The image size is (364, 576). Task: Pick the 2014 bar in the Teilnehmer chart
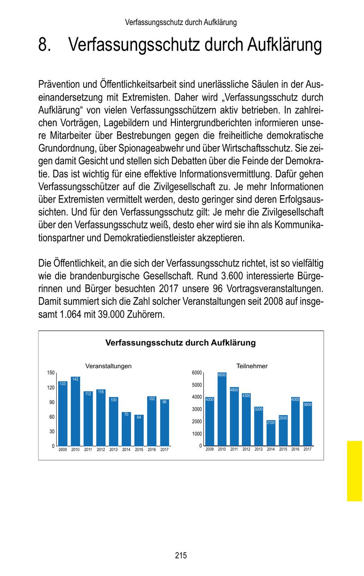click(x=271, y=433)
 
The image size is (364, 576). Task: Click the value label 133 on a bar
click(x=63, y=384)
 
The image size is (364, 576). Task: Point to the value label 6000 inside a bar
click(x=222, y=375)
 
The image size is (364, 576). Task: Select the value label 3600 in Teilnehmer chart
click(x=307, y=404)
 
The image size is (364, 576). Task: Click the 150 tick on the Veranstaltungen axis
click(x=51, y=373)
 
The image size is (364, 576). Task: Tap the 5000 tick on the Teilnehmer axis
click(x=197, y=385)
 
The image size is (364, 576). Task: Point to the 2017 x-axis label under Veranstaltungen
click(x=164, y=449)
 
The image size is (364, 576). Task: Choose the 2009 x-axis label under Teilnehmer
click(x=210, y=449)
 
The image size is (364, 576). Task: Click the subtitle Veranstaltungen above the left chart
click(x=108, y=366)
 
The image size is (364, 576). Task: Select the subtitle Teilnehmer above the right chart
click(x=252, y=366)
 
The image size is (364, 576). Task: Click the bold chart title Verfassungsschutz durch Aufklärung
click(x=180, y=343)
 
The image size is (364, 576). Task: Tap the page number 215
click(x=181, y=555)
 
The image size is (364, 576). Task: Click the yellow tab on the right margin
click(x=354, y=471)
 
